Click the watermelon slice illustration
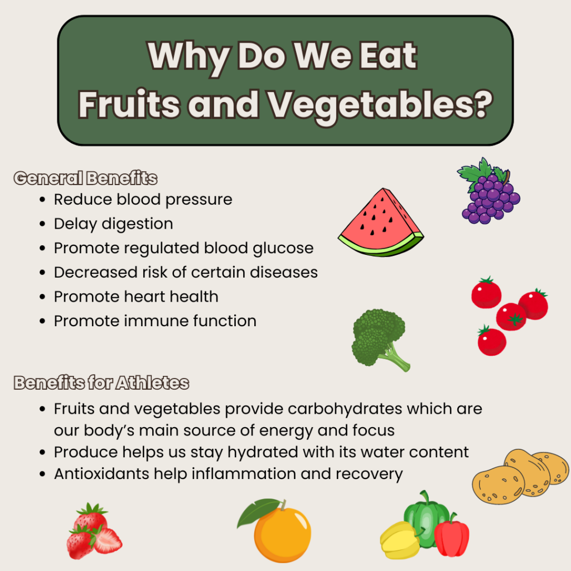click(x=380, y=224)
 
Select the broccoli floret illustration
click(x=379, y=338)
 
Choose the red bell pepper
click(x=452, y=535)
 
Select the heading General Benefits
click(x=85, y=178)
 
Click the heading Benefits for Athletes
click(x=101, y=383)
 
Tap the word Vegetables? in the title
click(x=380, y=105)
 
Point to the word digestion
click(x=137, y=224)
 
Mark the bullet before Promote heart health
click(x=42, y=297)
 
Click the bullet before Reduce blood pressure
click(x=42, y=200)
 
